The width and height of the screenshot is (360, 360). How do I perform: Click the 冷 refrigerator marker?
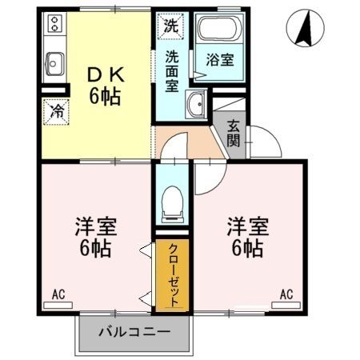click(57, 111)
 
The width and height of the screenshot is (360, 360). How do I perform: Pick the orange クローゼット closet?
click(172, 276)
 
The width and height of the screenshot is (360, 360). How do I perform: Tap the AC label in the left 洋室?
click(58, 295)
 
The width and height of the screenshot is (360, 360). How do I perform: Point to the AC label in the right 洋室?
click(286, 295)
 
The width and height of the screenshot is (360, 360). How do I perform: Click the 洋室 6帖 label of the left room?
click(96, 236)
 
